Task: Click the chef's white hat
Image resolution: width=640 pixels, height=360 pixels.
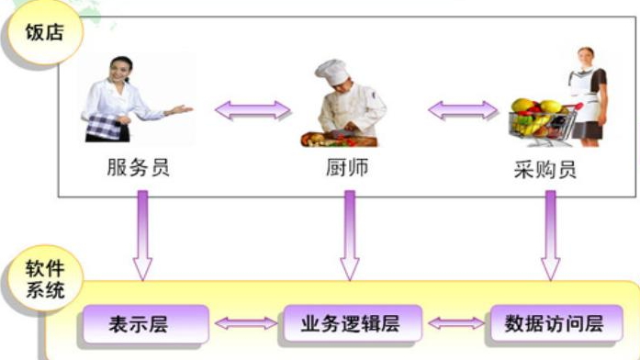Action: [332, 71]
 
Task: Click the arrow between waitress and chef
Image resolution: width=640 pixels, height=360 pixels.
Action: [252, 110]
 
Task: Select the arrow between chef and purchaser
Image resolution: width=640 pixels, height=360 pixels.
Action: [462, 110]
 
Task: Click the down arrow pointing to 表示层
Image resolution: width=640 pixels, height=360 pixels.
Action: [141, 234]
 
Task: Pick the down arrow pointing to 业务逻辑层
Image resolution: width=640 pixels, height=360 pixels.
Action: [349, 234]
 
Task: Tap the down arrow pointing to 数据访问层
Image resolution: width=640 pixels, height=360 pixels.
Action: [550, 234]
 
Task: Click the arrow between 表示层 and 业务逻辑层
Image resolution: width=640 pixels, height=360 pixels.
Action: [243, 323]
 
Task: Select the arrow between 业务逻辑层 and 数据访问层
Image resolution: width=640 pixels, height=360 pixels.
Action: [456, 323]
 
